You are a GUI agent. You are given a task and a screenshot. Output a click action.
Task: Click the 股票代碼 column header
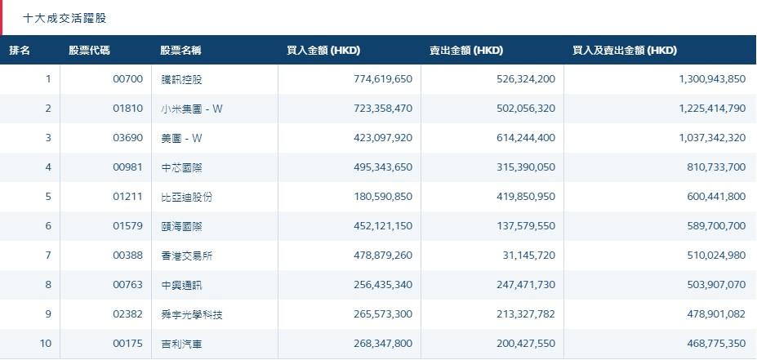[x=90, y=51]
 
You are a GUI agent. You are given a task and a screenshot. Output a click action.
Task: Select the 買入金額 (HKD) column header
[x=323, y=51]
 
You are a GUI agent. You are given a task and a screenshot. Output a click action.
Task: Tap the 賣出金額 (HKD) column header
[x=466, y=51]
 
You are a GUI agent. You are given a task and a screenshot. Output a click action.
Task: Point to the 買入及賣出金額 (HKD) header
[x=625, y=51]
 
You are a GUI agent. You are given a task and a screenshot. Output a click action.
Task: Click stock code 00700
[x=127, y=79]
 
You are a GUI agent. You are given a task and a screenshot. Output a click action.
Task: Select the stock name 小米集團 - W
[x=192, y=109]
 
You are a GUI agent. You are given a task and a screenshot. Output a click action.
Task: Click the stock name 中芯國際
[x=181, y=167]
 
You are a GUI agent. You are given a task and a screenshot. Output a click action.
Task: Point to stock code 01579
[x=127, y=226]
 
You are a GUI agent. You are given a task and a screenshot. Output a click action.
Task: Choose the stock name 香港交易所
[x=187, y=256]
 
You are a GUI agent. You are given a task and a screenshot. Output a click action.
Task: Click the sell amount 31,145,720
[x=527, y=256]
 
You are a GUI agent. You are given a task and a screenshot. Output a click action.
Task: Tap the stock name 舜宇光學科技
[x=192, y=314]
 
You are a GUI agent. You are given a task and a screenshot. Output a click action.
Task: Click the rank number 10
[x=46, y=344]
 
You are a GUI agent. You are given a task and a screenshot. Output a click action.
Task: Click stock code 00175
[x=127, y=344]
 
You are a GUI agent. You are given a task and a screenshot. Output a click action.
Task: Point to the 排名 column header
[x=20, y=51]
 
